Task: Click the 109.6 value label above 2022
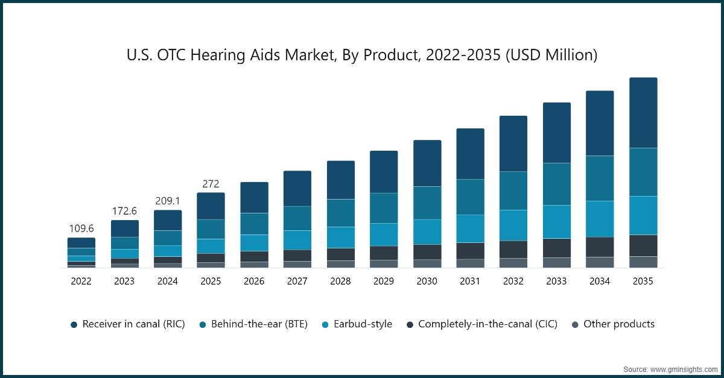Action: point(81,229)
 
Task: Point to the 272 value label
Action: point(211,184)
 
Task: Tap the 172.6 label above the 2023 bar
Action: point(124,212)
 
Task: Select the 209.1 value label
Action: point(168,201)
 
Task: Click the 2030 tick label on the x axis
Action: point(427,282)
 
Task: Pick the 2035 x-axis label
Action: point(643,282)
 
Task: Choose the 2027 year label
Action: point(297,282)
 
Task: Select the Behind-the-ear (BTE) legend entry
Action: point(253,324)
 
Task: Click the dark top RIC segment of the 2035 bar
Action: point(643,113)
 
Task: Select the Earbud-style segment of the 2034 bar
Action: point(600,219)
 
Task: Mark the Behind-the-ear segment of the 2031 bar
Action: point(470,197)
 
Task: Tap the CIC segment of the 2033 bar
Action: point(556,248)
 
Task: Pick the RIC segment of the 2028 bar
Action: point(340,180)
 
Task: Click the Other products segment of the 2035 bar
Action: point(643,262)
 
